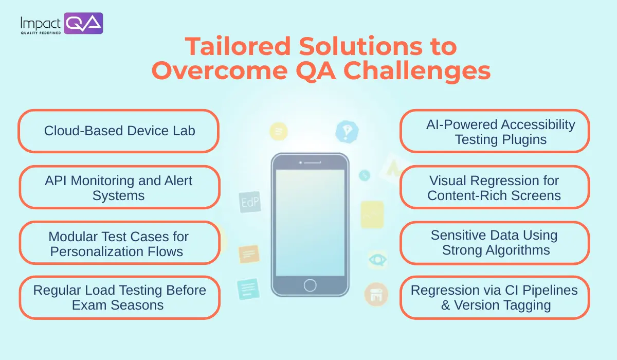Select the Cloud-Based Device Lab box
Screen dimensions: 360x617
119,131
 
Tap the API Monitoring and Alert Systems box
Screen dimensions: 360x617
119,187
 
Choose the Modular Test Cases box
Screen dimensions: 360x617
119,243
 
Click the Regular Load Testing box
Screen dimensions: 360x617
119,297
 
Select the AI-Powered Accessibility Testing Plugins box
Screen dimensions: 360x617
495,131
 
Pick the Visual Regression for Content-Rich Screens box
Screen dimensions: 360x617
495,187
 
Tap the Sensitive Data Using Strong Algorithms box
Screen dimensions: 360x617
495,243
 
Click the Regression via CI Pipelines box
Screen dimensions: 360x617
495,297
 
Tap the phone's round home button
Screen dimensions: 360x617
310,285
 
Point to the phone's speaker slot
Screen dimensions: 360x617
310,163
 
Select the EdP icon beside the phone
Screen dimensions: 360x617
250,202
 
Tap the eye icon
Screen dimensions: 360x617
377,259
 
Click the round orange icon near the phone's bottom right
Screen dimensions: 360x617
376,294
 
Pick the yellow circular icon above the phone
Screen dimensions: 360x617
278,132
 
